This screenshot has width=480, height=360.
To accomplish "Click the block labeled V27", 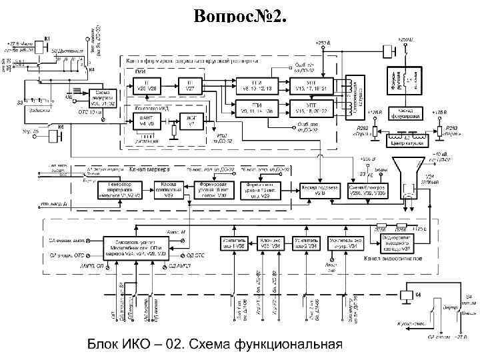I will [190, 85].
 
